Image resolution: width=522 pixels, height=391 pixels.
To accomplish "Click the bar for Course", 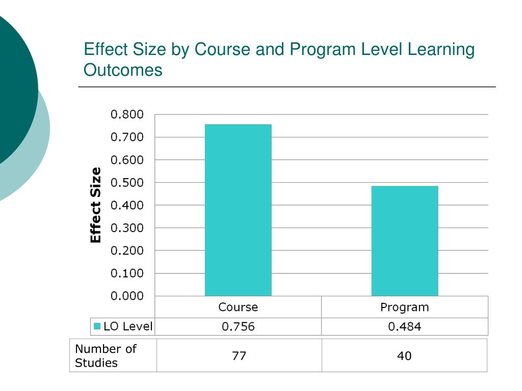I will (x=238, y=210).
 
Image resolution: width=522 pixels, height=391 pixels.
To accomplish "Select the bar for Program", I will (x=405, y=240).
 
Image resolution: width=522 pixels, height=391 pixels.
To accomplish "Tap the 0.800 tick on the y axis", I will (x=127, y=114).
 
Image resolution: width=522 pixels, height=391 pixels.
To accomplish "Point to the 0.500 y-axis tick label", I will (x=127, y=182).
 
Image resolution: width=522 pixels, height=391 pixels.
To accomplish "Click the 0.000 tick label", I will (x=127, y=296).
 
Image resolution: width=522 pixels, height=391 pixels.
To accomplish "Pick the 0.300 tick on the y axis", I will (x=127, y=228).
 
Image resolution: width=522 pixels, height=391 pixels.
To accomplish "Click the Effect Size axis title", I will (x=95, y=205).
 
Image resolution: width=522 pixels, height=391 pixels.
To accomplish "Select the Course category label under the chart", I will (x=238, y=308).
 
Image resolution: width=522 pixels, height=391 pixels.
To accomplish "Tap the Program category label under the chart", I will (x=405, y=308).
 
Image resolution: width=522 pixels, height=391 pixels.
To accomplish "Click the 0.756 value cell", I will (x=238, y=327).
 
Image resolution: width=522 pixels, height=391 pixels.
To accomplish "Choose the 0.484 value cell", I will (x=405, y=327).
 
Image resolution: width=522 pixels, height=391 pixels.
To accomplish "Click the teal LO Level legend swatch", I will (x=97, y=326).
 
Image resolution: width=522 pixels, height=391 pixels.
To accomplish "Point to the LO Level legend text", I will (x=128, y=326).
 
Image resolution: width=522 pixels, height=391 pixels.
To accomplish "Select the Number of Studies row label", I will (x=106, y=355).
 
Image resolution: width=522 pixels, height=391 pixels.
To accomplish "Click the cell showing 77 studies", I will (x=239, y=356).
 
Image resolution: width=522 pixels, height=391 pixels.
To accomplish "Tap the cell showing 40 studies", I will (x=404, y=356).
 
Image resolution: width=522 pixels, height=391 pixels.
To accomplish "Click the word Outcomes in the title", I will (x=123, y=70).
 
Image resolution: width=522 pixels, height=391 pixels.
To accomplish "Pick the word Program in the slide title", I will (x=323, y=50).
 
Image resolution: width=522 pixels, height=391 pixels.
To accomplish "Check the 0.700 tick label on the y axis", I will (x=127, y=137).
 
